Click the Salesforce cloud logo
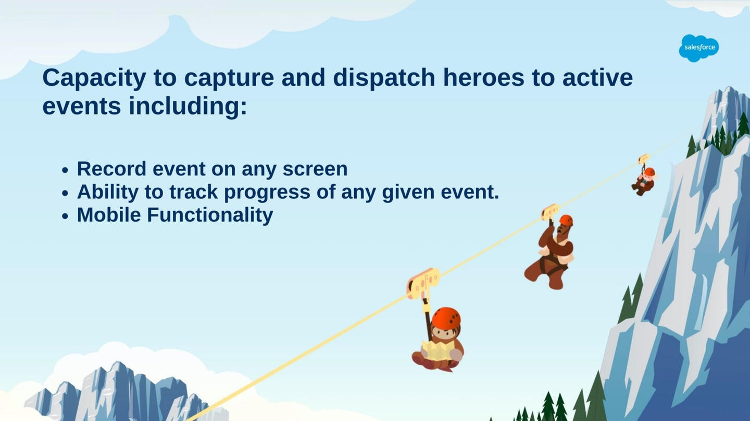(699, 48)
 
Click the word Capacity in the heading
(94, 78)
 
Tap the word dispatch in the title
(384, 78)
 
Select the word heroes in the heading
(483, 78)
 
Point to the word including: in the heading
(188, 106)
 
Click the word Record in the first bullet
(112, 169)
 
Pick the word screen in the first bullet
(315, 170)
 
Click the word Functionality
(210, 215)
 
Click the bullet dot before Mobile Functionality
(65, 216)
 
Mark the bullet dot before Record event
(65, 170)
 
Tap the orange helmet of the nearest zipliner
(446, 318)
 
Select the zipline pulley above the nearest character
(423, 283)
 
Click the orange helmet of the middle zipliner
(566, 220)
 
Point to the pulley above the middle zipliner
(550, 211)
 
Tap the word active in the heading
(598, 78)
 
